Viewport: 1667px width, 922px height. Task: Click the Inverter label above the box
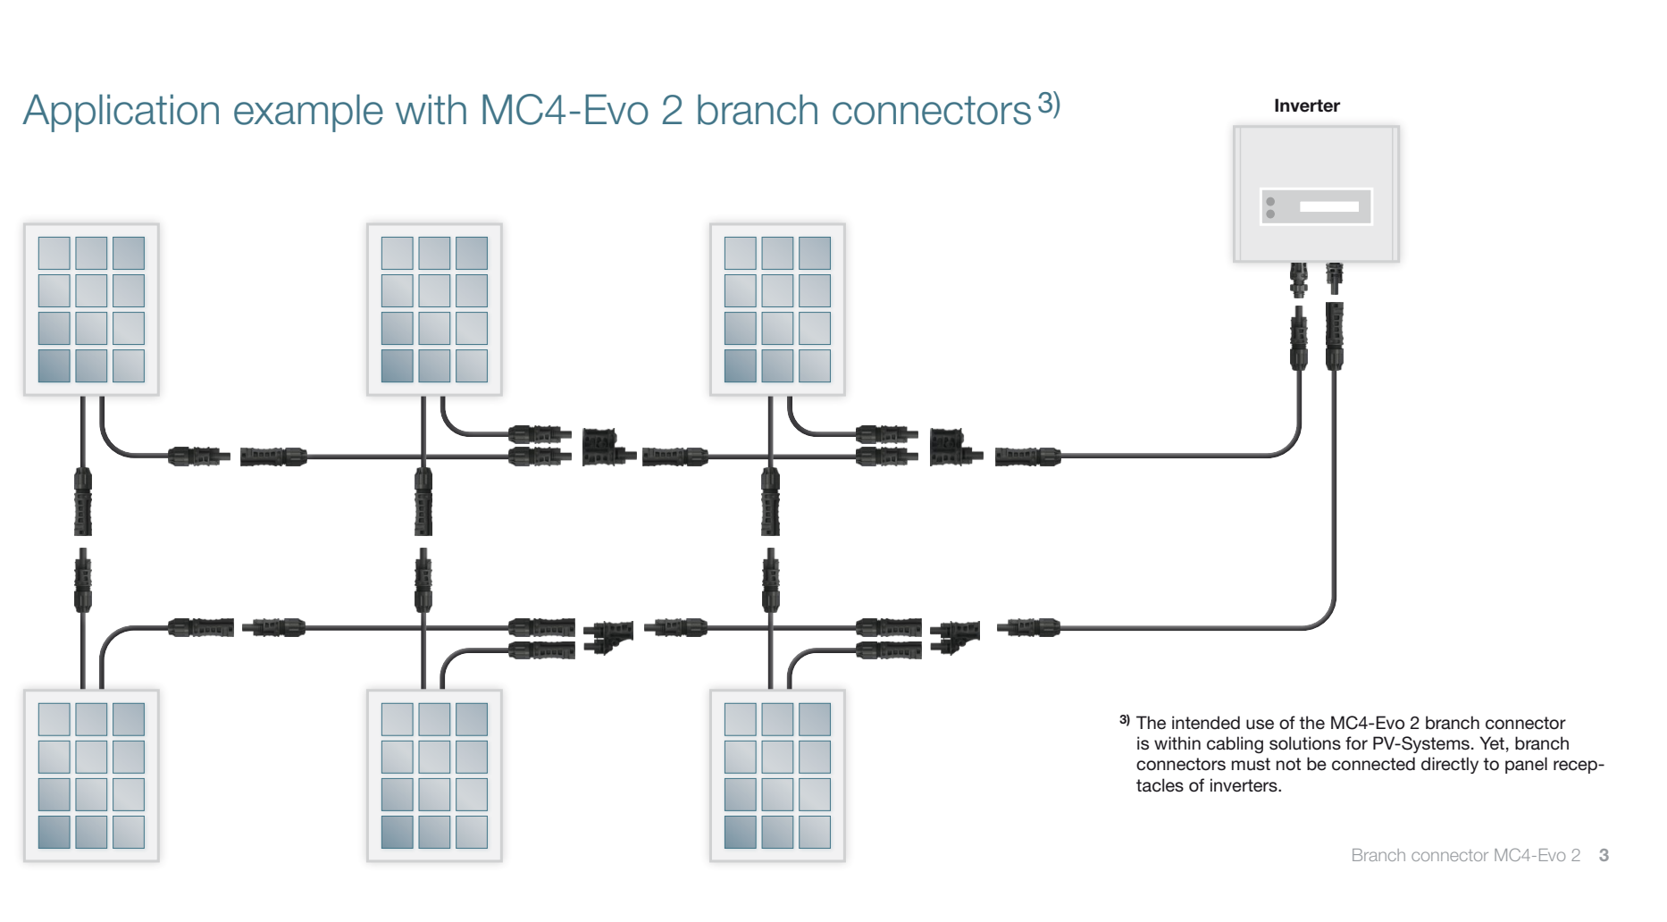pos(1306,105)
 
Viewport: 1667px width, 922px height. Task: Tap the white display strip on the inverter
pos(1328,206)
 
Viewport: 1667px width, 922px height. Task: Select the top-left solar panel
pos(91,309)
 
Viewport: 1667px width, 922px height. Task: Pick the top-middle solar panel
pos(434,309)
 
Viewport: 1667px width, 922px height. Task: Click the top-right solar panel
pos(777,309)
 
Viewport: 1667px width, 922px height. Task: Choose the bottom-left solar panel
pos(91,775)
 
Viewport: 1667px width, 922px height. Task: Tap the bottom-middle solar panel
pos(434,775)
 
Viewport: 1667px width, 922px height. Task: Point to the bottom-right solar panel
pos(777,775)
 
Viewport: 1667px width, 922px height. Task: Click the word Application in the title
pos(121,112)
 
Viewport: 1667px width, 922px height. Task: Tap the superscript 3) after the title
pos(1049,104)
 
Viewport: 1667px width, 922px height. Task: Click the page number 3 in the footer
pos(1604,855)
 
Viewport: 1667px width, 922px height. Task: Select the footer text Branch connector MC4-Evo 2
pos(1465,855)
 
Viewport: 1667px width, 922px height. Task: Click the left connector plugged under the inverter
pos(1298,279)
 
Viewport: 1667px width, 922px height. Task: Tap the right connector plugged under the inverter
pos(1334,277)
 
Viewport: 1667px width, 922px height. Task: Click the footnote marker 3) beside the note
pos(1124,720)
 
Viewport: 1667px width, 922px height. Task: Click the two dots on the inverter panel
pos(1270,207)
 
